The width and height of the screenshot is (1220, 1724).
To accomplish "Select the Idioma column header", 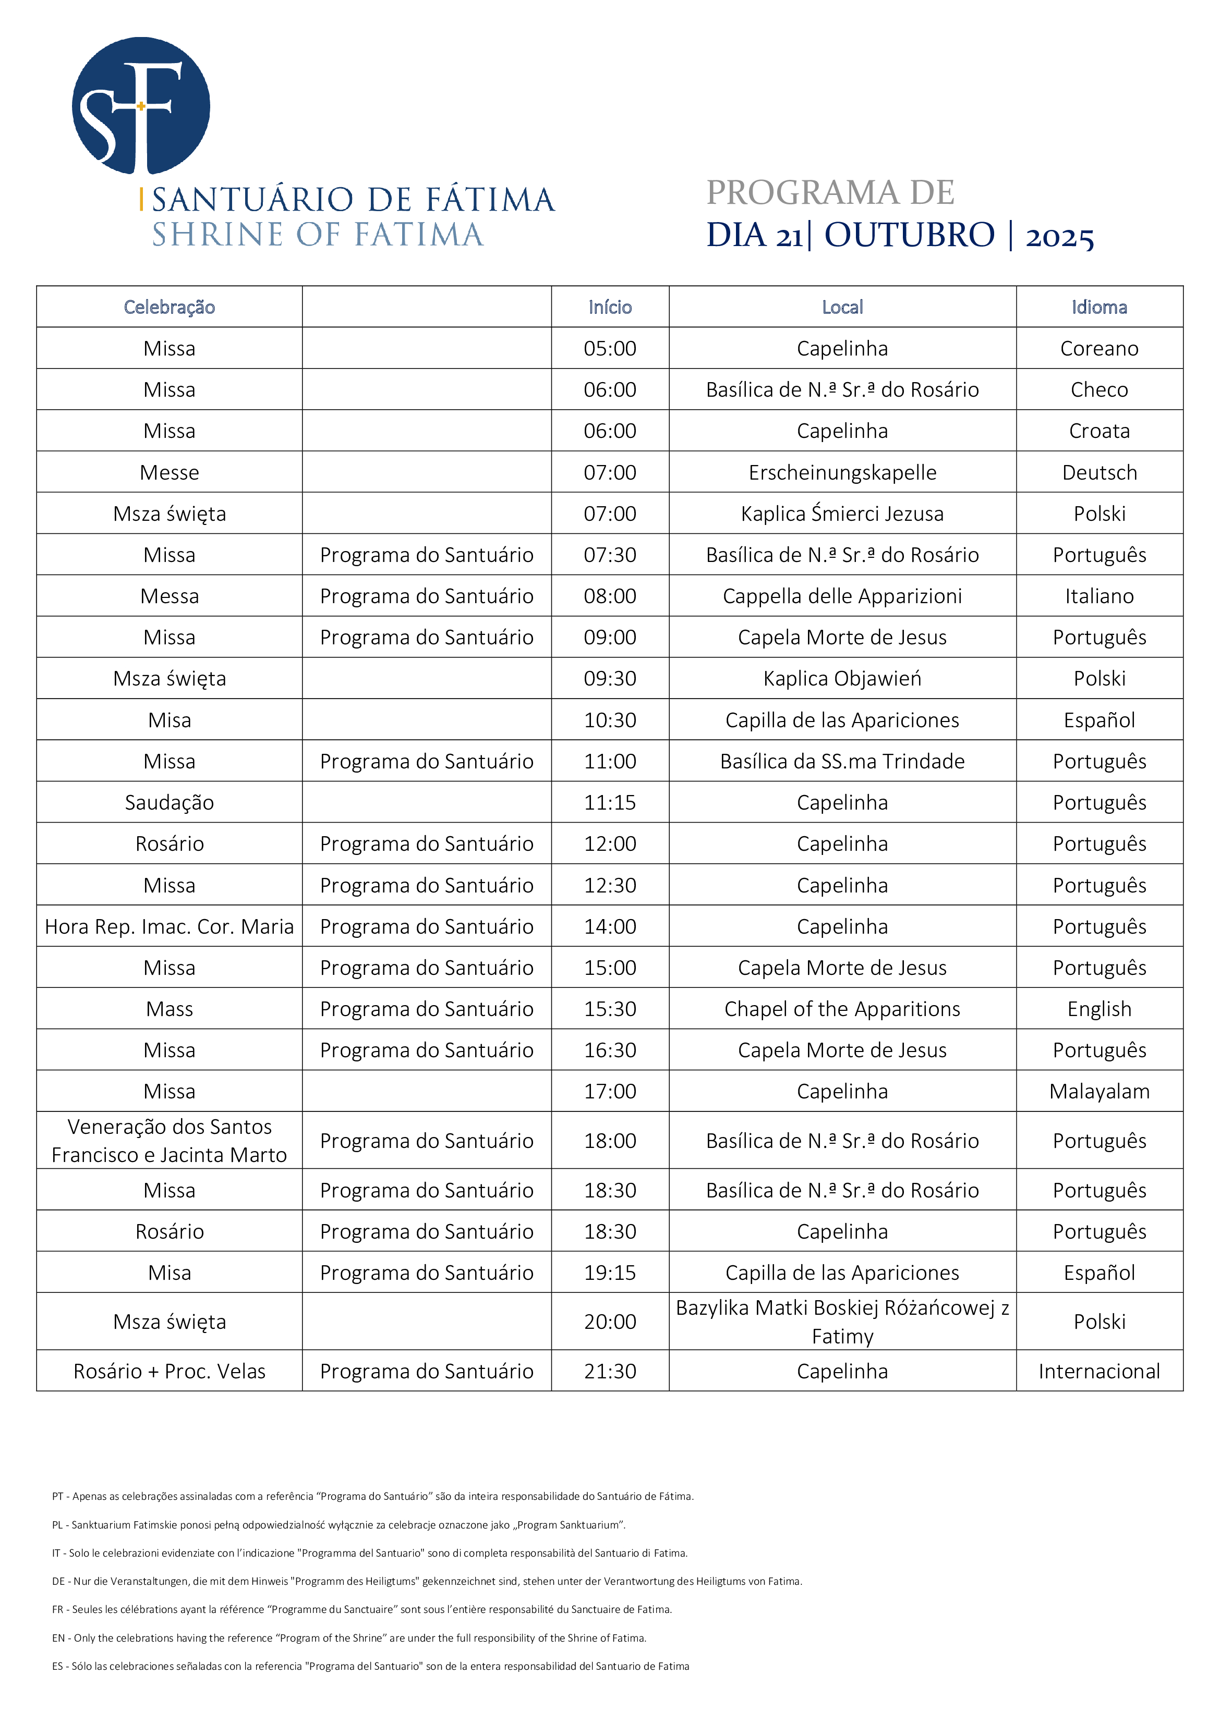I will (x=1099, y=307).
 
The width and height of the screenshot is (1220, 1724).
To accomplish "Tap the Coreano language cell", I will (x=1099, y=348).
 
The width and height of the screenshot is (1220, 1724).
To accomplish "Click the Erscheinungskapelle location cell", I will (x=842, y=472).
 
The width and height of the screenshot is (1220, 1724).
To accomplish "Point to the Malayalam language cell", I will (x=1099, y=1091).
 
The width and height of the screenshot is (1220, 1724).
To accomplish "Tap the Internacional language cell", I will (x=1099, y=1371).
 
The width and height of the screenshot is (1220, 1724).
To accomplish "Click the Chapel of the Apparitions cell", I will (x=842, y=1009).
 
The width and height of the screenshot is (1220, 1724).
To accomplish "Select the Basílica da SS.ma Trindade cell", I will (x=842, y=761).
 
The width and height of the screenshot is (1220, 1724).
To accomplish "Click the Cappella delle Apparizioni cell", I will (x=842, y=596).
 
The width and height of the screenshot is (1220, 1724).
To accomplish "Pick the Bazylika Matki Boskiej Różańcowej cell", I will (x=842, y=1322).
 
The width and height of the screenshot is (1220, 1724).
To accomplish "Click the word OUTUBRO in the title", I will (x=909, y=235).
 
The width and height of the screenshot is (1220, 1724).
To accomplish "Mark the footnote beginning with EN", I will (x=349, y=1637).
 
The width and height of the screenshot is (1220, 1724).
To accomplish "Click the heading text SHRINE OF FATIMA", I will (x=318, y=235).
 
